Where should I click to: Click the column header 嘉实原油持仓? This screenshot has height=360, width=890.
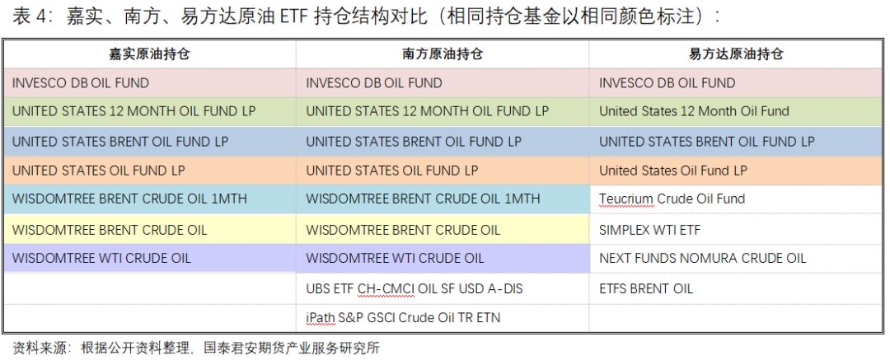[149, 54]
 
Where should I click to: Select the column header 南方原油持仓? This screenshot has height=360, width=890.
[443, 54]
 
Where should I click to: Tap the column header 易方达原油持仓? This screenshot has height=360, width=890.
[736, 54]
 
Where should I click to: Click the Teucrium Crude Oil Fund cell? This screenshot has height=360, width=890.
[672, 199]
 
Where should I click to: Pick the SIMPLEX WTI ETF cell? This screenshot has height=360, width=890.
[650, 230]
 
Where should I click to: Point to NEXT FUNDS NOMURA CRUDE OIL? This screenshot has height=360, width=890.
[703, 259]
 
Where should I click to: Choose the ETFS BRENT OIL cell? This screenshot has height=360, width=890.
[646, 289]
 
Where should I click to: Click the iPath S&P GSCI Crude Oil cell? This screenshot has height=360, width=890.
[403, 317]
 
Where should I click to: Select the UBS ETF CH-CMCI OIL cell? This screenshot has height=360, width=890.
[415, 289]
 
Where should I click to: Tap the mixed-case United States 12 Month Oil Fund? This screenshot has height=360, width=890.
[694, 111]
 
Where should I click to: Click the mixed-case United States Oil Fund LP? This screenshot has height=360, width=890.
[673, 171]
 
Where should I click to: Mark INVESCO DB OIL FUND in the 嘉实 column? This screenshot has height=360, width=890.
[81, 83]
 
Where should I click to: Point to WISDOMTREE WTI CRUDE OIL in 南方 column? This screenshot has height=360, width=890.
[395, 259]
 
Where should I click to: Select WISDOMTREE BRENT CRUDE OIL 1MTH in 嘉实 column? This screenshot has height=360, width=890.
[129, 199]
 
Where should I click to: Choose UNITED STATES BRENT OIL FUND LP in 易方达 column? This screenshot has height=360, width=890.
[707, 142]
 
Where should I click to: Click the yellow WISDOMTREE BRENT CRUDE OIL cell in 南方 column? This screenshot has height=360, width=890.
[403, 230]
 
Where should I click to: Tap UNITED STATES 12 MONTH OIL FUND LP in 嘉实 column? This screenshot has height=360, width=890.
[134, 111]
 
